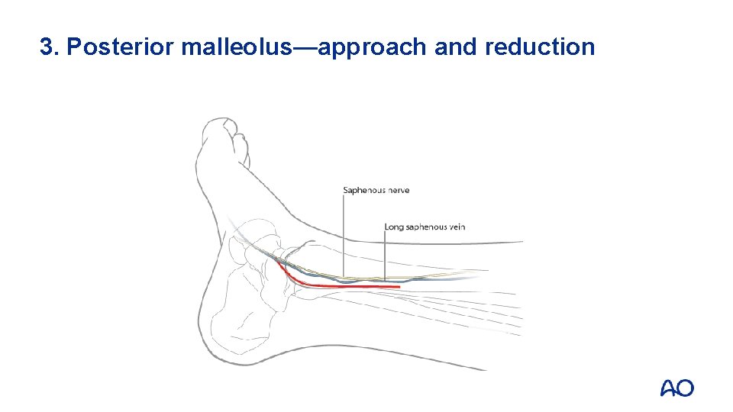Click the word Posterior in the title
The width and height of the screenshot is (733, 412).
[x=121, y=47]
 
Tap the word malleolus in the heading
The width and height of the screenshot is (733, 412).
[x=237, y=47]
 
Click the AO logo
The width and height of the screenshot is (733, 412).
[x=676, y=388]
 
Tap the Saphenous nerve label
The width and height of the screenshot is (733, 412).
[x=376, y=190]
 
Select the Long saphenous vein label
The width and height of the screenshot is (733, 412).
[x=425, y=227]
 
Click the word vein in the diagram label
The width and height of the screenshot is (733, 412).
[x=457, y=227]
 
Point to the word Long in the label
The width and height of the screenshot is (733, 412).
[x=394, y=227]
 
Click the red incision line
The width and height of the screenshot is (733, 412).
[x=344, y=286]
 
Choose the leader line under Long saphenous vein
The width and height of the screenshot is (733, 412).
[x=385, y=256]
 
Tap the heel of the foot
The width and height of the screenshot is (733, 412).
[x=221, y=336]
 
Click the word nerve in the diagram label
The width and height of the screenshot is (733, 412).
[x=397, y=190]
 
